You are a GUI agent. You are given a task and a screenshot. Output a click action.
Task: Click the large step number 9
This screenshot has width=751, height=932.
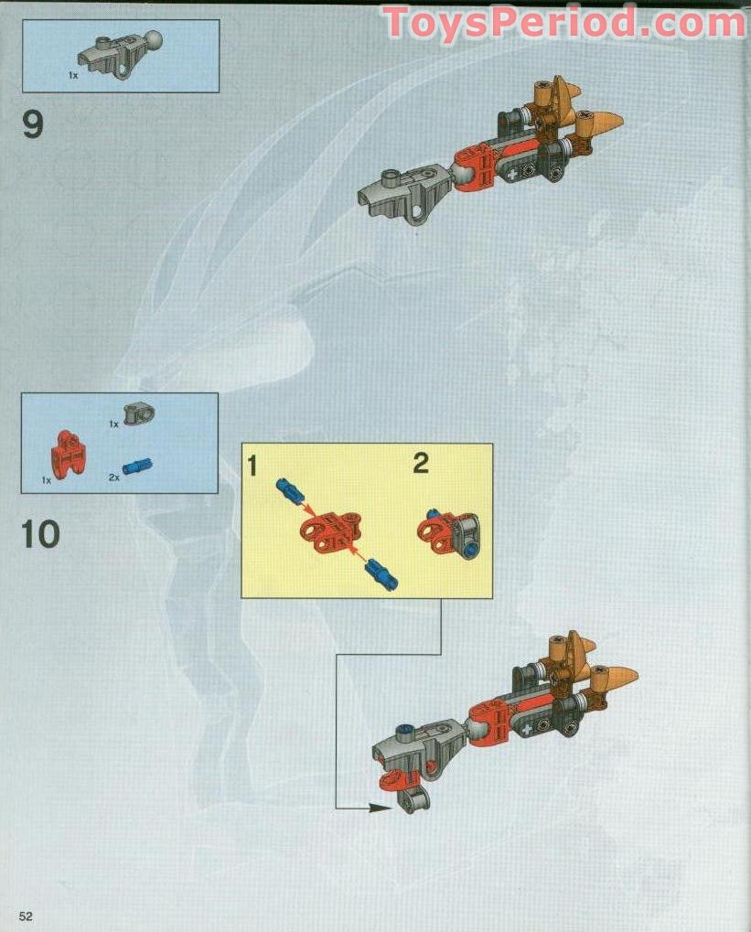(x=33, y=123)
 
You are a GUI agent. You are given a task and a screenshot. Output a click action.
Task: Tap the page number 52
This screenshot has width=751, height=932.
(x=25, y=916)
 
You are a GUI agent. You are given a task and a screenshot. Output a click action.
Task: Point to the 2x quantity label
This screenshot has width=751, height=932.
(x=114, y=477)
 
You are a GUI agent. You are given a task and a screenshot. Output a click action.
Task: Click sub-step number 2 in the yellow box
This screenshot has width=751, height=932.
(x=420, y=463)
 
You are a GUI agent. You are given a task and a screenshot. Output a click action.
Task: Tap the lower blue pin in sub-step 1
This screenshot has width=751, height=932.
(x=379, y=576)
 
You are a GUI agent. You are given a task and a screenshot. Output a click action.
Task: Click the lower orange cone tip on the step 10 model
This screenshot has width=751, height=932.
(x=619, y=678)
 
